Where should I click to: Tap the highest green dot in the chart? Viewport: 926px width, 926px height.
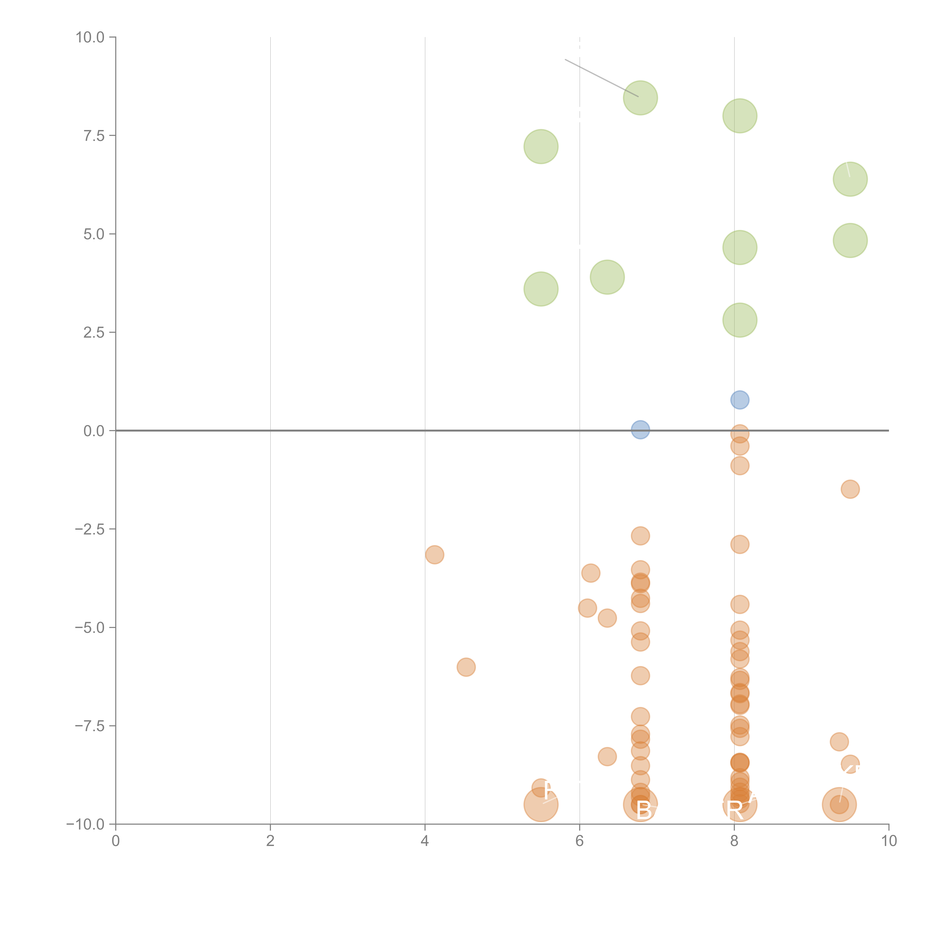(x=640, y=98)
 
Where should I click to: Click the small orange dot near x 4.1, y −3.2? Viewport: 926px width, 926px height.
(x=434, y=554)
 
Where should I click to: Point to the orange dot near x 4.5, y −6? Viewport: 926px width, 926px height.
(x=466, y=667)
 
